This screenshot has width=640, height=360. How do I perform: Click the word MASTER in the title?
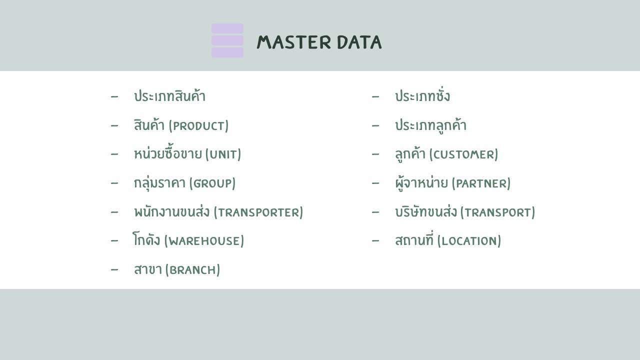pyautogui.click(x=293, y=42)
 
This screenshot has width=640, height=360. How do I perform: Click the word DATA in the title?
pyautogui.click(x=359, y=42)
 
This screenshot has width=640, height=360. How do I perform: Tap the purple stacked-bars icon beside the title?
pyautogui.click(x=227, y=40)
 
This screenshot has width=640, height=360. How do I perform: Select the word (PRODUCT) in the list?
pyautogui.click(x=198, y=125)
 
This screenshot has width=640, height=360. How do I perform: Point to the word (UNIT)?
pyautogui.click(x=223, y=154)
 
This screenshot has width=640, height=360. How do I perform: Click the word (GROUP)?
pyautogui.click(x=212, y=183)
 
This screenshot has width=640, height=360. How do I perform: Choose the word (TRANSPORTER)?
pyautogui.click(x=258, y=212)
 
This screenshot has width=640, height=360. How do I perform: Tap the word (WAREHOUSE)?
pyautogui.click(x=204, y=241)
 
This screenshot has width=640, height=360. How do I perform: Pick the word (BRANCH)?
pyautogui.click(x=192, y=269)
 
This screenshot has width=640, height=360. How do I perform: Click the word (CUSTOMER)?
pyautogui.click(x=463, y=154)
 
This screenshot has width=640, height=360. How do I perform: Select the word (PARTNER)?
pyautogui.click(x=481, y=183)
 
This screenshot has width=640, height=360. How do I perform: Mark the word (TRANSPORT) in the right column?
pyautogui.click(x=497, y=212)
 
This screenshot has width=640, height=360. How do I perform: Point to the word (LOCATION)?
pyautogui.click(x=469, y=241)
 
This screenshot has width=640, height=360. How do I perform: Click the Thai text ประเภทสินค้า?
pyautogui.click(x=169, y=95)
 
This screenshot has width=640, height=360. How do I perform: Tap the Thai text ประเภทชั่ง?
pyautogui.click(x=422, y=95)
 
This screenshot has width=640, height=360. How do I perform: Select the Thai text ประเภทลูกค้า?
pyautogui.click(x=431, y=125)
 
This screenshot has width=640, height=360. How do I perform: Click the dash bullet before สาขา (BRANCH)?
pyautogui.click(x=114, y=269)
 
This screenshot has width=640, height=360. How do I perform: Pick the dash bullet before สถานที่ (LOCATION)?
pyautogui.click(x=375, y=241)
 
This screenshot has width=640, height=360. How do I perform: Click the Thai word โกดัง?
pyautogui.click(x=146, y=239)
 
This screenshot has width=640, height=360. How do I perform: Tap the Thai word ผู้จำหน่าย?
pyautogui.click(x=421, y=183)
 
